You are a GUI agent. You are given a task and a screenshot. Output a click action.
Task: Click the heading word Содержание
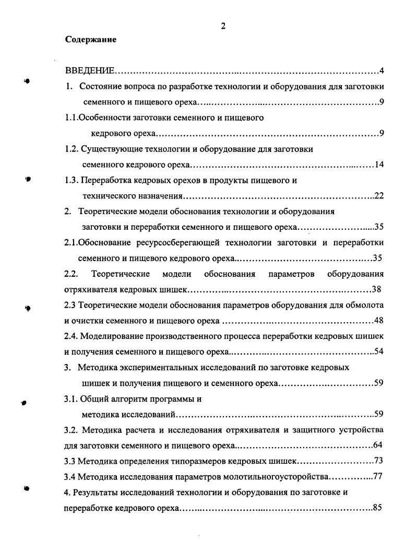coord(91,40)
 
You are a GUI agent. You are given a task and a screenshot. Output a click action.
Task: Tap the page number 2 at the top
coord(223,27)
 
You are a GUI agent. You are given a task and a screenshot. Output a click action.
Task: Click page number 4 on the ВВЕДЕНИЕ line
coord(382,71)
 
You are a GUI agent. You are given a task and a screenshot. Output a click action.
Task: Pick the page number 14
coord(379,165)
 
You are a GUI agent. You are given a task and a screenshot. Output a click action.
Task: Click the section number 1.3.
coord(72,181)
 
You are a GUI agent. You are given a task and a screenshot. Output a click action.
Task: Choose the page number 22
coord(379,196)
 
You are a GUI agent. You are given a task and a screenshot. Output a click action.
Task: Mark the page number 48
coord(379,320)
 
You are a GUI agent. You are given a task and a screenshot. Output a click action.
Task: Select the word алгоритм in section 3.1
coord(124,398)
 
